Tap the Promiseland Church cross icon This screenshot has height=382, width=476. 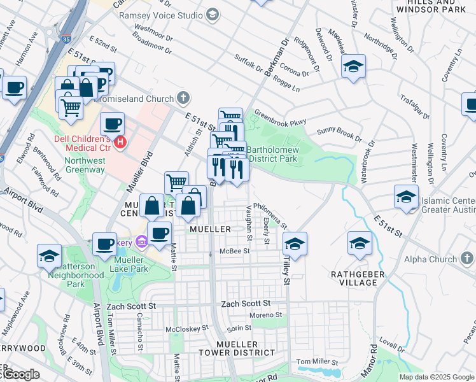183,98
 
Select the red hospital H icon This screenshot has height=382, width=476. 121,141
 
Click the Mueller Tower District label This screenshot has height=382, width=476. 246,348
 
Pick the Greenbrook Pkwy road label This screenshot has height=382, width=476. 280,118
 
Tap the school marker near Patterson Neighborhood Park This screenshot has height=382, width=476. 48,255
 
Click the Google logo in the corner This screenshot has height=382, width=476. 20,374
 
